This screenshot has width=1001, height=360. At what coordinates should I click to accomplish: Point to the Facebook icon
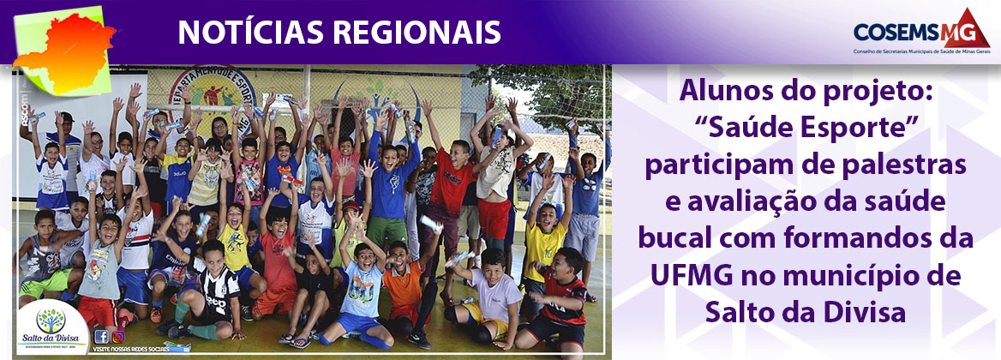click(x=102, y=336)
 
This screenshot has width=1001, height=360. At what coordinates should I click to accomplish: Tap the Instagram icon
click(x=118, y=336)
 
